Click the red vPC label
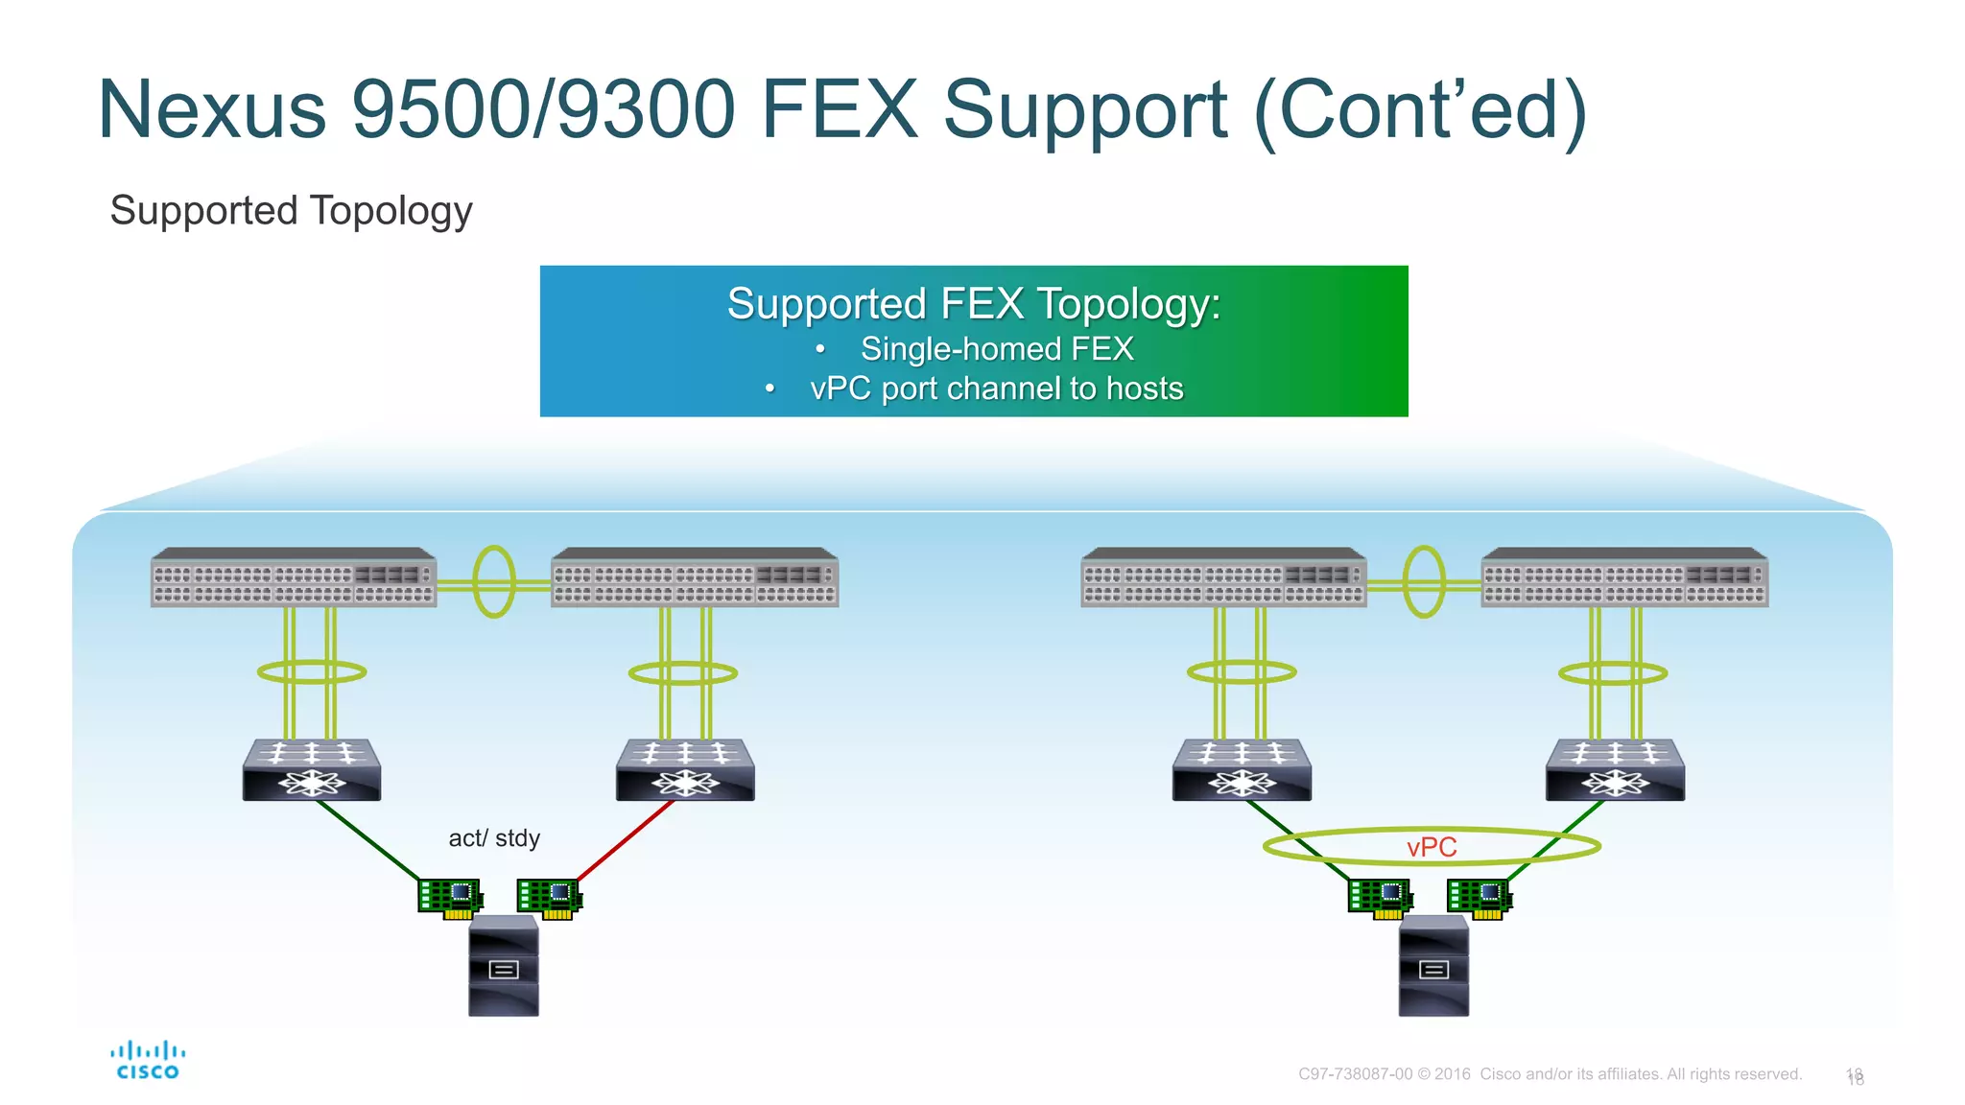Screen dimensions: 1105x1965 pos(1432,847)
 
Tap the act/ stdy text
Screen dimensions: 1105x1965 pos(494,838)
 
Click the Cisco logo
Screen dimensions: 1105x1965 pos(148,1060)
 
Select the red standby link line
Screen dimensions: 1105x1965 pos(625,841)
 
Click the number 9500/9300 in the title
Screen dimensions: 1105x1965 pos(543,109)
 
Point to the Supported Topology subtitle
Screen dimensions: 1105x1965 pos(291,211)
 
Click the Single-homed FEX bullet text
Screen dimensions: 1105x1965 pos(996,349)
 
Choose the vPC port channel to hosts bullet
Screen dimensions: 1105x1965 pos(996,388)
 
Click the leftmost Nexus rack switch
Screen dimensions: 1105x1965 pos(294,578)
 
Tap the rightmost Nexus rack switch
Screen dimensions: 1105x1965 pos(1624,578)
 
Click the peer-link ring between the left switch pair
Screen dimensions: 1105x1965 pos(494,581)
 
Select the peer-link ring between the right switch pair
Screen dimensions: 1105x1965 pos(1424,581)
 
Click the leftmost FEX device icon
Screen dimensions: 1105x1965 pos(312,770)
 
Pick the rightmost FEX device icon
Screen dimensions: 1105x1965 pos(1615,770)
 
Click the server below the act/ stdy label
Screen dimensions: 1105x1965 pos(504,966)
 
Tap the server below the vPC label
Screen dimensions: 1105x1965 pos(1433,966)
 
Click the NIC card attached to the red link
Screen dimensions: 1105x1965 pos(549,898)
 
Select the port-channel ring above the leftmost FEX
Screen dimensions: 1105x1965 pos(312,672)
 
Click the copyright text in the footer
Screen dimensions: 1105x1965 pos(1550,1074)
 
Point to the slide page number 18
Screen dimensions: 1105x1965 pos(1855,1076)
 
